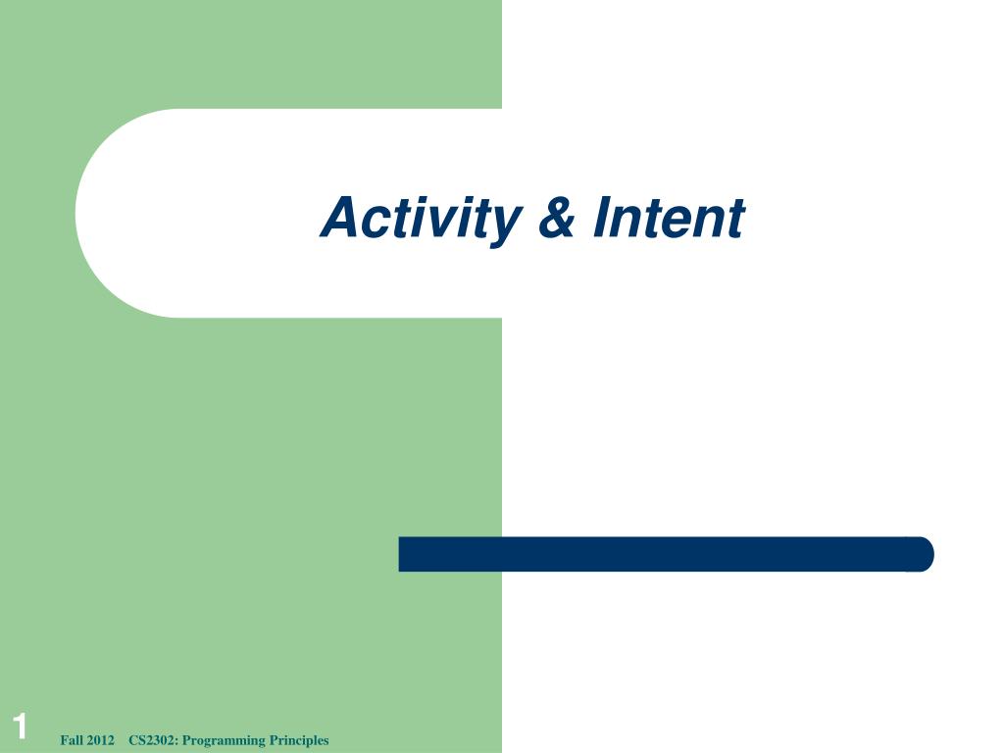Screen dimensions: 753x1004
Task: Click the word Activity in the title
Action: (419, 218)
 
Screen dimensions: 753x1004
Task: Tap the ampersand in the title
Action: (556, 218)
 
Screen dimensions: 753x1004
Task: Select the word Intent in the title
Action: (668, 218)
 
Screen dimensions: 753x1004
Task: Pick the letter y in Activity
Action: (502, 224)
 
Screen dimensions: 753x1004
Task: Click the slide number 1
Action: (20, 728)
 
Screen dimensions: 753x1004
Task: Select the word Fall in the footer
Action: (72, 740)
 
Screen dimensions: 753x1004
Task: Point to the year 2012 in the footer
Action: (102, 740)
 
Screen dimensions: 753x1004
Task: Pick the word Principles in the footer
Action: (299, 740)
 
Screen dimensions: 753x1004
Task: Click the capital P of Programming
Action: (186, 740)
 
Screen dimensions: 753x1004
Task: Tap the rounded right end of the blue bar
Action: (924, 554)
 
